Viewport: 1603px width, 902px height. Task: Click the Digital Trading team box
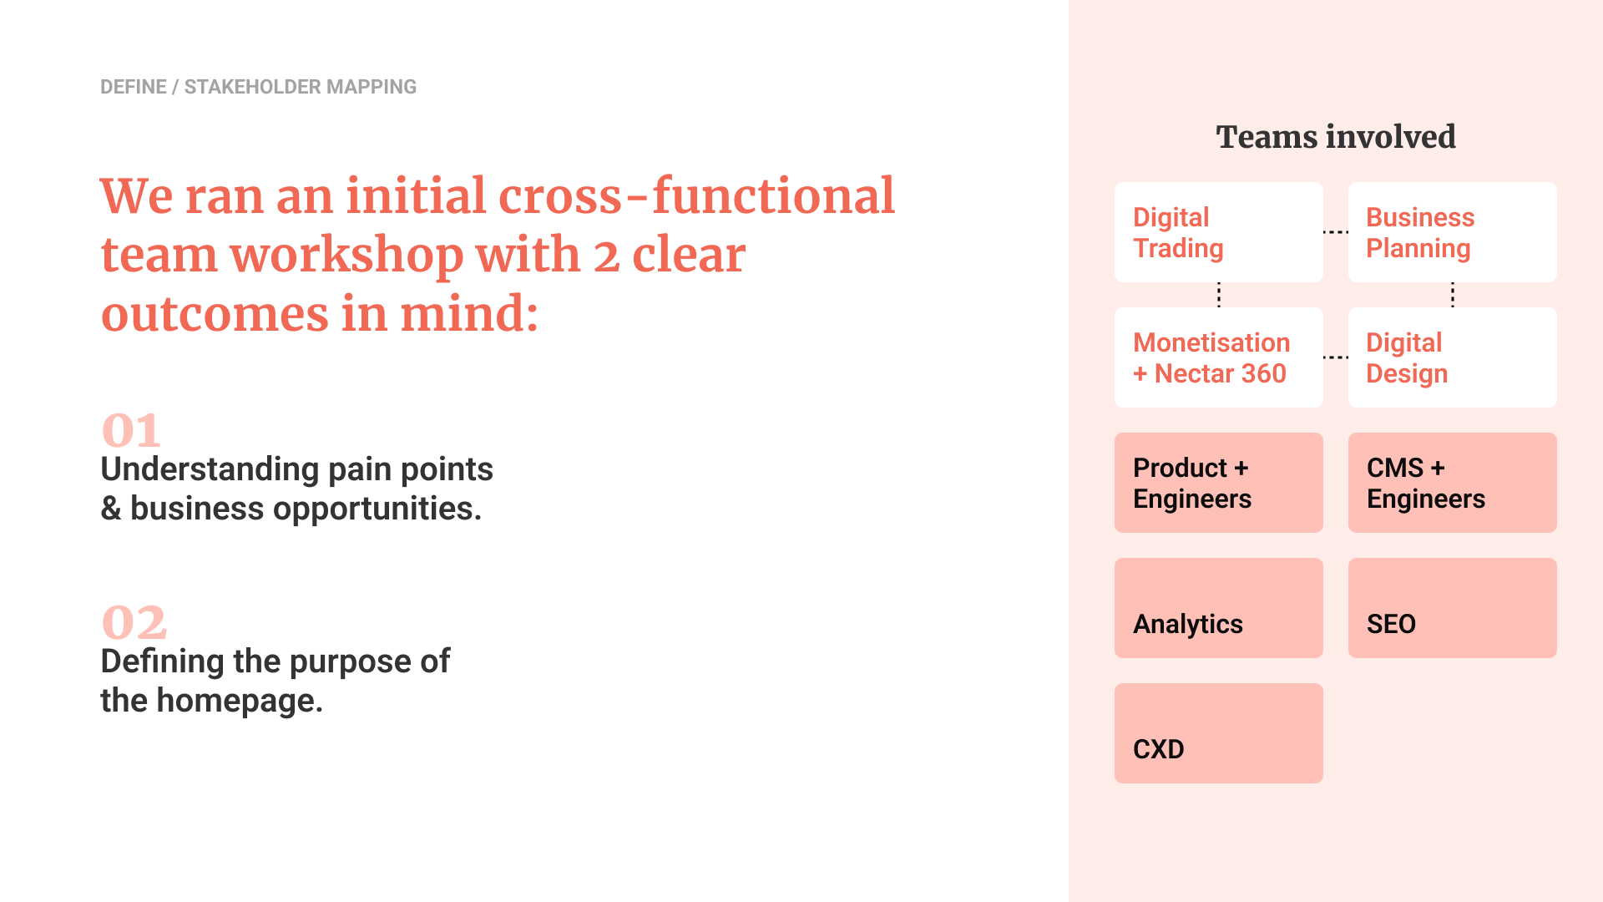1218,232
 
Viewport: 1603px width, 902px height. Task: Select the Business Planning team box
1452,232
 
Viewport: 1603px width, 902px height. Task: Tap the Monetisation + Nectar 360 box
1218,357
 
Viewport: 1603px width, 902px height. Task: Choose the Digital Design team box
1452,357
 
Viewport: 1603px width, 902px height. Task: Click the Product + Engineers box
1218,483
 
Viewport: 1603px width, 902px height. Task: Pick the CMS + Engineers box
1452,483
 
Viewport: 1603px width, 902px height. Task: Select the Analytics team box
1218,608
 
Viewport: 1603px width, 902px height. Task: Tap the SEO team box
1452,608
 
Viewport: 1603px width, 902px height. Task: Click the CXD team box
1218,733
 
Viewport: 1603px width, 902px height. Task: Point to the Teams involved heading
1336,137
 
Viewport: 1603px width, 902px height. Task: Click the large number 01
131,431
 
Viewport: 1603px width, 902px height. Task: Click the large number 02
134,623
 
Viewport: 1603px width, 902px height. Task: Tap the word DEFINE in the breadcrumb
134,87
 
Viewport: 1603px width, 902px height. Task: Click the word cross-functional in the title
696,196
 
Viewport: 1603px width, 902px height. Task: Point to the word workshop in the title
346,256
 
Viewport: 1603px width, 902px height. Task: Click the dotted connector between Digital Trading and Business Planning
1336,232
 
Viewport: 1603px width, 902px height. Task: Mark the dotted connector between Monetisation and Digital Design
1336,357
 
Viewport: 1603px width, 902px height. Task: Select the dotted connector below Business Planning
1453,295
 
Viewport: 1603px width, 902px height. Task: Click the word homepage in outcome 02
240,701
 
